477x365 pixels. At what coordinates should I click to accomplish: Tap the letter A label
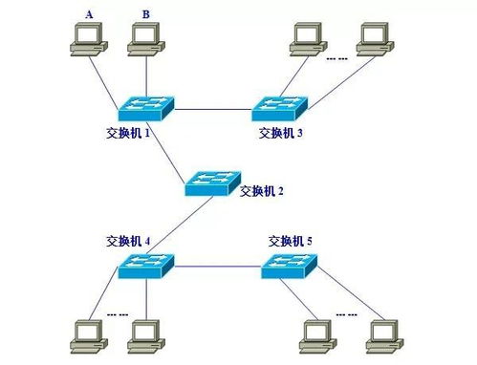(90, 13)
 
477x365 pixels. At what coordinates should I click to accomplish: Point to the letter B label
(145, 13)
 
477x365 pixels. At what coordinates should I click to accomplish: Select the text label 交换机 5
(290, 240)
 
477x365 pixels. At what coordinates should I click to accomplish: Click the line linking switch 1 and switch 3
(214, 108)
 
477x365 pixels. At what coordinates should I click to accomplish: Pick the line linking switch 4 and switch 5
(218, 267)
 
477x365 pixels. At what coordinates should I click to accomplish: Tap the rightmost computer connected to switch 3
(372, 38)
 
